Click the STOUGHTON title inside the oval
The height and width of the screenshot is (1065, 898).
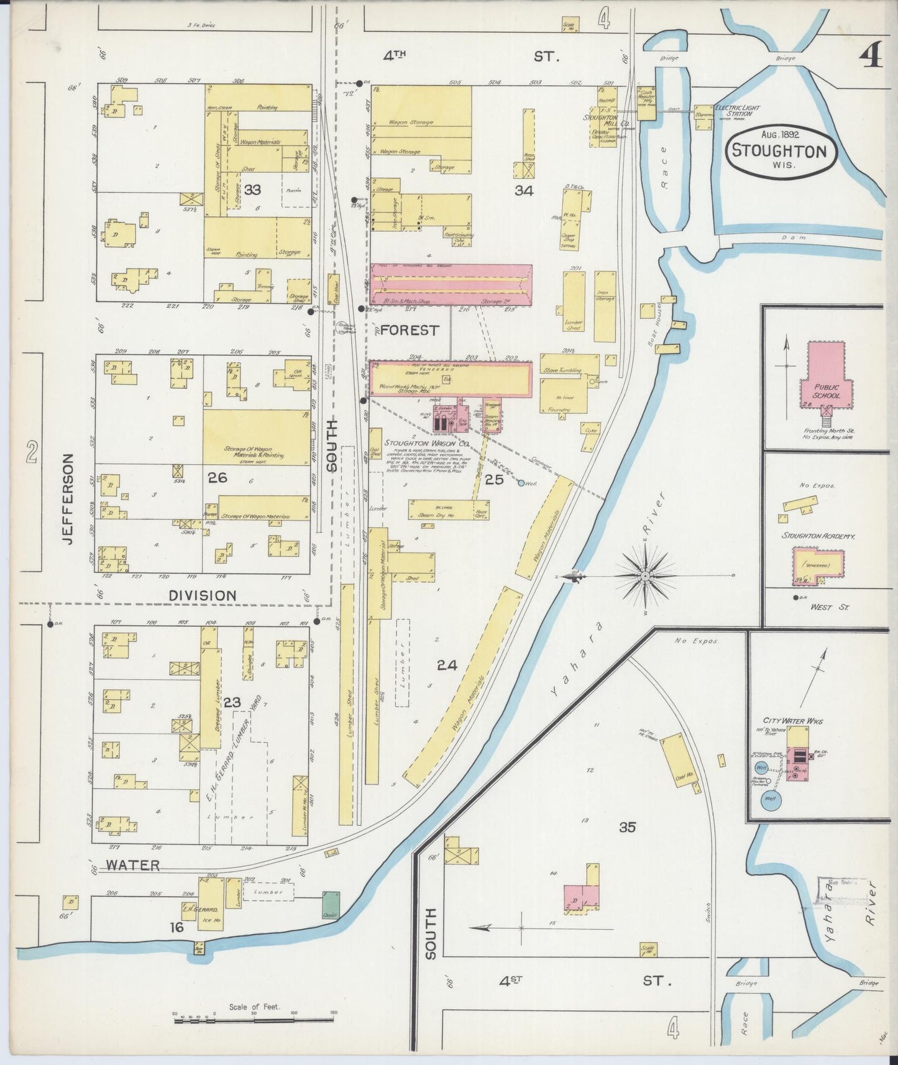(779, 151)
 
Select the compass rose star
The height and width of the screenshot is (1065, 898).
(646, 577)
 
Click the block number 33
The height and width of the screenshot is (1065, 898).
(252, 190)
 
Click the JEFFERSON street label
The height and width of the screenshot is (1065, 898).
(69, 499)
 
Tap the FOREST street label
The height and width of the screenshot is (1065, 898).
(409, 331)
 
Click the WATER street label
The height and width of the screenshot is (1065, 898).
(132, 864)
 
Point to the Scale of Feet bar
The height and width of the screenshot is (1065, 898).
(254, 1018)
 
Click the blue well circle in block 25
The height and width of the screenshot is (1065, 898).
(521, 482)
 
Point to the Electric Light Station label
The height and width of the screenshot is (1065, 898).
(737, 110)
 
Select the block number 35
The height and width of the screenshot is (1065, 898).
(627, 826)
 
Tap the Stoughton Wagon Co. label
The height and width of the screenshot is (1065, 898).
(417, 443)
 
